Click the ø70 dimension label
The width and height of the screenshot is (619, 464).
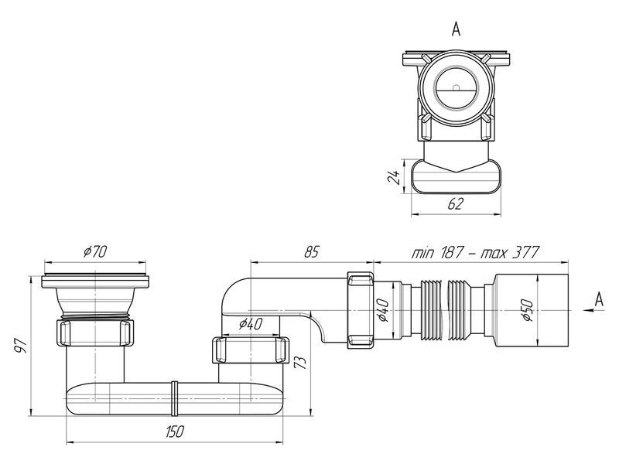94,251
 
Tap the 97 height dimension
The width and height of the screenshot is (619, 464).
22,345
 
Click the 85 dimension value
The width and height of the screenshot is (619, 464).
311,252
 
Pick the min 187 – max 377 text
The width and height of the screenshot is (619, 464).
475,252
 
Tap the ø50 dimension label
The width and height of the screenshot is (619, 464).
528,311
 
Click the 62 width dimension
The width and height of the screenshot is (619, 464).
456,203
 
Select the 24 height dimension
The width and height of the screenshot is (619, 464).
394,176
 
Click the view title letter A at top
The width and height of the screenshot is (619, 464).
456,29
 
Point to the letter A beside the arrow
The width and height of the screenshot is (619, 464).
599,300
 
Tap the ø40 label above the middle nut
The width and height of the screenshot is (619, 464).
250,324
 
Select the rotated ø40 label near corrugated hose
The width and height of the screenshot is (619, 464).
384,311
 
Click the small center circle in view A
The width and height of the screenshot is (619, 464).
456,88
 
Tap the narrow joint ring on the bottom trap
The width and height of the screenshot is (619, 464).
173,398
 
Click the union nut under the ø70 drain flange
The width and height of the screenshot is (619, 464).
94,333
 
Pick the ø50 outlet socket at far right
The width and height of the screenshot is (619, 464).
530,310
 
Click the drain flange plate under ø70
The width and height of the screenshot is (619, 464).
95,281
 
